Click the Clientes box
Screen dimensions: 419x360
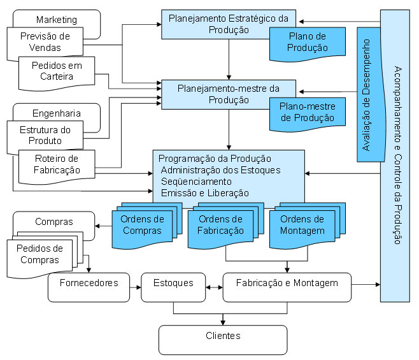pyautogui.click(x=223, y=340)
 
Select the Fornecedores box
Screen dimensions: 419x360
pyautogui.click(x=89, y=287)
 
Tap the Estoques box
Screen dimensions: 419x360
pyautogui.click(x=173, y=287)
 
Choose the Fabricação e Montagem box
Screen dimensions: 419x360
pyautogui.click(x=287, y=287)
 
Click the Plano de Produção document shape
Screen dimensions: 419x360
pyautogui.click(x=308, y=44)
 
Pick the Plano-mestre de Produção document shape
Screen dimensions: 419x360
pyautogui.click(x=308, y=115)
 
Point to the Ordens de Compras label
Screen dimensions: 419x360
pyautogui.click(x=142, y=225)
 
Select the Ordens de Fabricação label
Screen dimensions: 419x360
pyautogui.click(x=220, y=225)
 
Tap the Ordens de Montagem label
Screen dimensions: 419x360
pyautogui.click(x=302, y=225)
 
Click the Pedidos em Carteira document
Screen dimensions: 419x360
pyautogui.click(x=57, y=73)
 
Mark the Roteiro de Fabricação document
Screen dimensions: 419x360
pyautogui.click(x=57, y=167)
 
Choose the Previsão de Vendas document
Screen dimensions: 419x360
pyautogui.click(x=45, y=42)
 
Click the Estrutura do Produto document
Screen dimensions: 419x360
pyautogui.click(x=45, y=136)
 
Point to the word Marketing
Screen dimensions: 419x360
pyautogui.click(x=57, y=20)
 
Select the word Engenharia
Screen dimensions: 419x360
pyautogui.click(x=57, y=113)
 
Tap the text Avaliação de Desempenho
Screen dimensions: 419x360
pyautogui.click(x=366, y=95)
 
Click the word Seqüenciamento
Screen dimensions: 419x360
pyautogui.click(x=196, y=182)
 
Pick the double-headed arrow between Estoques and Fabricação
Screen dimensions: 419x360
pyautogui.click(x=214, y=287)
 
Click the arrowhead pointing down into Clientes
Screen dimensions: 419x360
pyautogui.click(x=223, y=322)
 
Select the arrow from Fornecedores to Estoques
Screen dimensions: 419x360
pyautogui.click(x=136, y=287)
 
